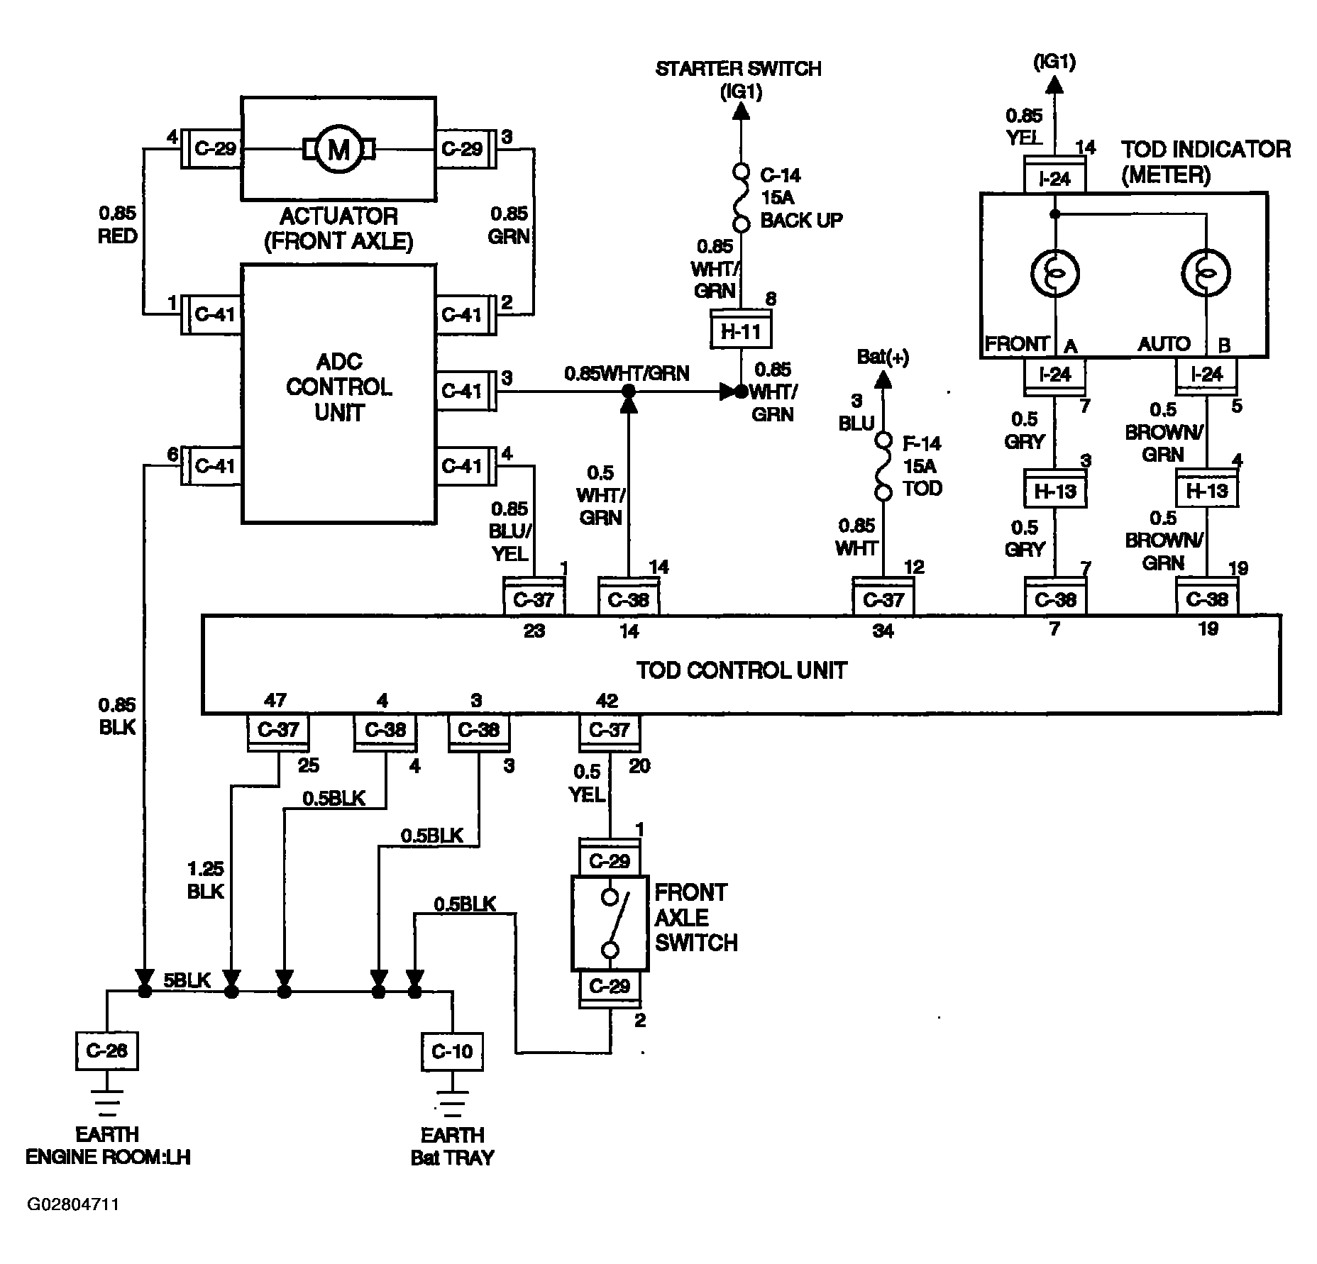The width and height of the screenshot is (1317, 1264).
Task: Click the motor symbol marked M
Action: pos(339,149)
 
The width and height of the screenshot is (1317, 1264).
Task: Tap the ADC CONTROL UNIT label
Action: pos(339,387)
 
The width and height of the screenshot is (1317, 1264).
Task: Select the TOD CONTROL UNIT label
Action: pos(742,670)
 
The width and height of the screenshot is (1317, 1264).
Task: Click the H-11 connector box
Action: pos(742,330)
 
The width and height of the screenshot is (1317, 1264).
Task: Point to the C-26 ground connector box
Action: pos(106,1050)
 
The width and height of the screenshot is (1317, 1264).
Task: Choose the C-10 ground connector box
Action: pos(452,1050)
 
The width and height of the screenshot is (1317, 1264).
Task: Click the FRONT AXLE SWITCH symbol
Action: pos(610,924)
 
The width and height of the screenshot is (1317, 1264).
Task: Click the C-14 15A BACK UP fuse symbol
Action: pos(742,198)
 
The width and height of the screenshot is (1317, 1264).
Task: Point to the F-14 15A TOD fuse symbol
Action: pos(883,466)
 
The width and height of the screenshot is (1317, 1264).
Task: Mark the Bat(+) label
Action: pos(883,357)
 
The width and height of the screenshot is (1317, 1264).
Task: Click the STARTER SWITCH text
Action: pos(739,69)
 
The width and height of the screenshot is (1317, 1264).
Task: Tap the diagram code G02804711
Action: pos(73,1204)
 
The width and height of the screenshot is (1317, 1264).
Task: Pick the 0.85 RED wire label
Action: pos(117,225)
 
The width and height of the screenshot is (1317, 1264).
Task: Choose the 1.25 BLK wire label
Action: pos(206,880)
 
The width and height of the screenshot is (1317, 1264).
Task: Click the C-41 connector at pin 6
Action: pos(211,466)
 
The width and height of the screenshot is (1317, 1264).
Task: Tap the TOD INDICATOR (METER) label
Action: pos(1206,161)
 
